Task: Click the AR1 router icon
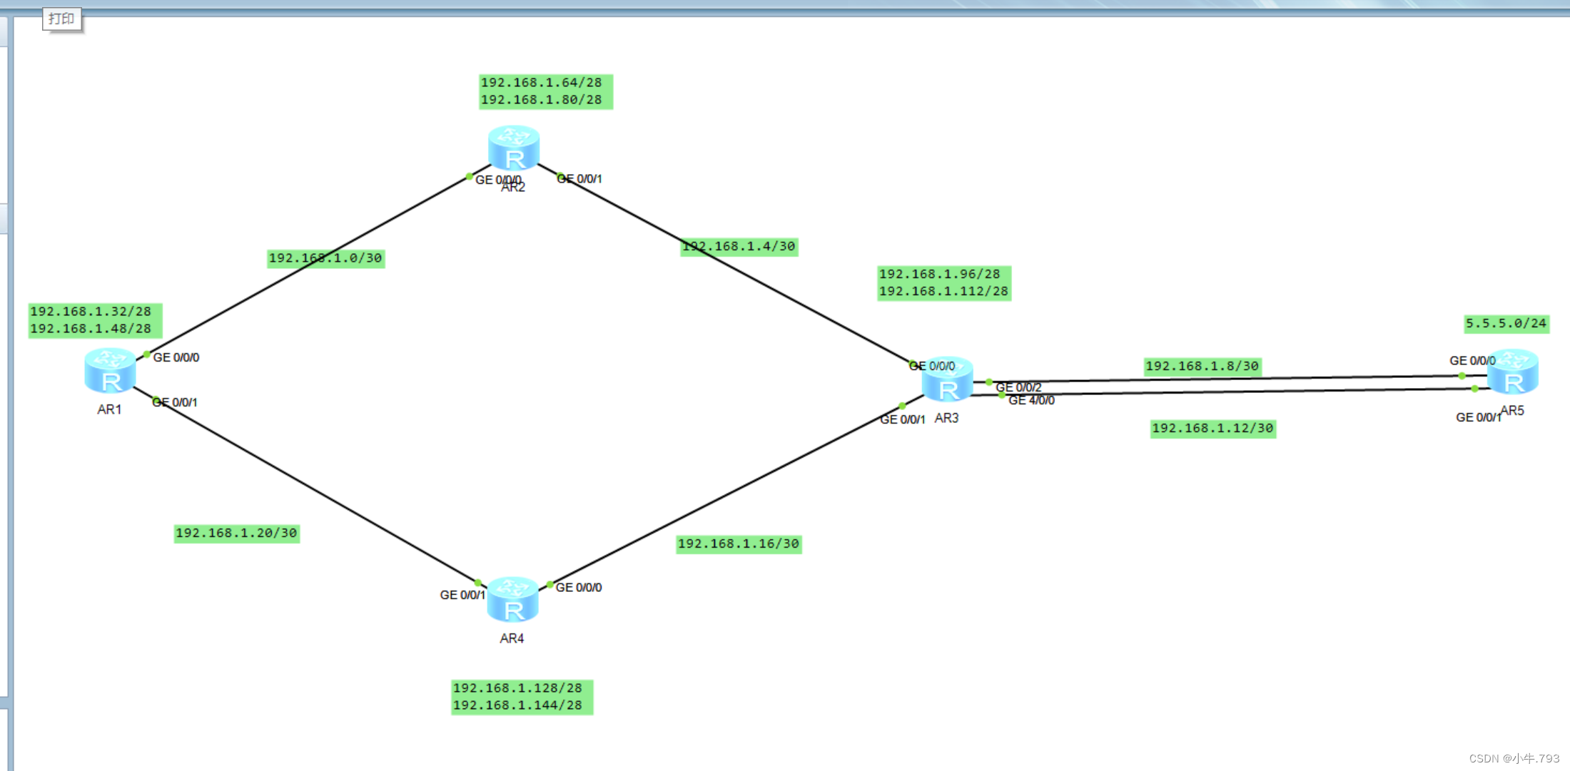pyautogui.click(x=110, y=371)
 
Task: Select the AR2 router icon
pyautogui.click(x=513, y=148)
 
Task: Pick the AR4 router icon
pyautogui.click(x=512, y=599)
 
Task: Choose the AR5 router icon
pyautogui.click(x=1512, y=372)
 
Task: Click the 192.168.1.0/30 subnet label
pyautogui.click(x=325, y=258)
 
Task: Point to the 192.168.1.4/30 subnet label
pyautogui.click(x=739, y=247)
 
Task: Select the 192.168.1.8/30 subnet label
pyautogui.click(x=1202, y=367)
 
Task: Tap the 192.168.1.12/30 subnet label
pyautogui.click(x=1212, y=429)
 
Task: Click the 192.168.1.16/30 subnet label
pyautogui.click(x=739, y=544)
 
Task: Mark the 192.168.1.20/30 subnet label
pyautogui.click(x=236, y=533)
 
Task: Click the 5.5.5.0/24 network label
pyautogui.click(x=1506, y=324)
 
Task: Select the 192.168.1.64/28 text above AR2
pyautogui.click(x=541, y=83)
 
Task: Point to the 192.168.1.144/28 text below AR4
pyautogui.click(x=517, y=705)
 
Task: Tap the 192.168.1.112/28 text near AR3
pyautogui.click(x=943, y=292)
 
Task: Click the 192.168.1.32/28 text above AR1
pyautogui.click(x=91, y=312)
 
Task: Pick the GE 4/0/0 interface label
pyautogui.click(x=1031, y=401)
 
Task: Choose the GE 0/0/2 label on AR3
pyautogui.click(x=1018, y=387)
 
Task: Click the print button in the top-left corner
pyautogui.click(x=61, y=19)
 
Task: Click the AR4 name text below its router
pyautogui.click(x=512, y=638)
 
